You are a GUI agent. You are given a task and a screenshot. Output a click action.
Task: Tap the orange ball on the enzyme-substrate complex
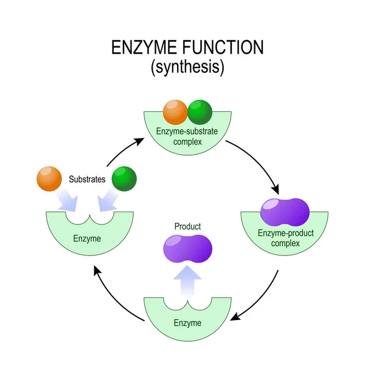(x=175, y=112)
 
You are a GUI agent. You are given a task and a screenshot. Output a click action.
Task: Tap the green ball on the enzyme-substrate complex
(x=199, y=112)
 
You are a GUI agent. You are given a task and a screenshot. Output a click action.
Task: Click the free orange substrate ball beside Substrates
(x=49, y=178)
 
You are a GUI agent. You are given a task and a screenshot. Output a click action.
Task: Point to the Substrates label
(x=86, y=179)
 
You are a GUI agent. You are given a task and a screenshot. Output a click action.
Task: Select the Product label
(x=188, y=226)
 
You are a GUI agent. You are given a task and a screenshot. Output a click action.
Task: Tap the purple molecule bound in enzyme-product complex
(x=285, y=212)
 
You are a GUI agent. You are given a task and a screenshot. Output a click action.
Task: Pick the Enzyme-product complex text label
(x=285, y=238)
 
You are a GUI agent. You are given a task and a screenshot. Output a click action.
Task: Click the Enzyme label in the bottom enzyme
(x=187, y=322)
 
